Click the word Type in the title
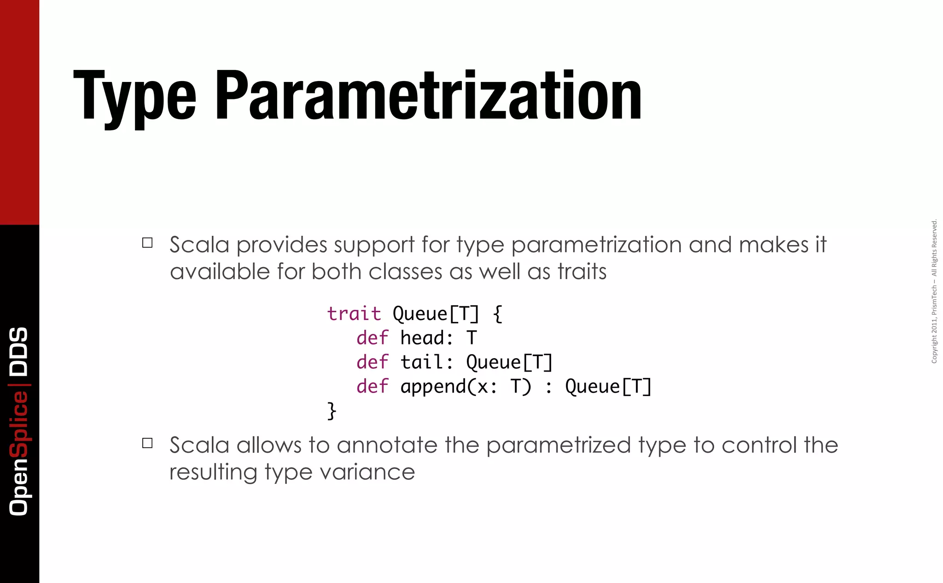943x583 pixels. [x=135, y=97]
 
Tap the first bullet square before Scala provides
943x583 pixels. [x=147, y=243]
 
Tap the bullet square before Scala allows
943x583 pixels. [x=147, y=443]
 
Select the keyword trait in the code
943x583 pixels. [x=354, y=314]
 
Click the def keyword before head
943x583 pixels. [x=372, y=338]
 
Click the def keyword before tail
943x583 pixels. [x=372, y=362]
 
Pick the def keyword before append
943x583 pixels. [x=372, y=386]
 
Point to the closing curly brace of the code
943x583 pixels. [x=332, y=410]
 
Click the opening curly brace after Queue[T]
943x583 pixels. [x=497, y=314]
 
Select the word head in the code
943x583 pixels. [x=422, y=338]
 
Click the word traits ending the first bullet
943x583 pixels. [x=582, y=271]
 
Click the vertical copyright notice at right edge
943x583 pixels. [x=934, y=291]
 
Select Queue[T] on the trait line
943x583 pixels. [x=436, y=314]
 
